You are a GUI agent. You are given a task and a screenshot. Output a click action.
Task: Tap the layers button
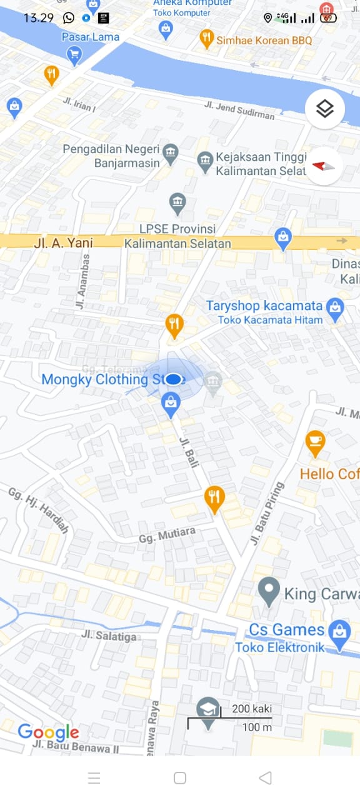coord(324,109)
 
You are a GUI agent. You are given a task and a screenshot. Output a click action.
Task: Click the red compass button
coord(324,166)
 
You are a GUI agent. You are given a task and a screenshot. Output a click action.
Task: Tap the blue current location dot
coord(174,379)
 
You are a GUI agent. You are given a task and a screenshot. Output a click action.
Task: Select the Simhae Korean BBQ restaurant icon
coord(207,39)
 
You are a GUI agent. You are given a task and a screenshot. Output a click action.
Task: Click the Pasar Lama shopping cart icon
coord(74,56)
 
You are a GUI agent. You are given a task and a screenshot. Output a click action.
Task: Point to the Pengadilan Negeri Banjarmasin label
coord(110,156)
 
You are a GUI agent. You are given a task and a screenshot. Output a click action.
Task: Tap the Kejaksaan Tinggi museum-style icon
coord(205,162)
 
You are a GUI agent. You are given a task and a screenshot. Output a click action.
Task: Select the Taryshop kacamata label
coord(264,306)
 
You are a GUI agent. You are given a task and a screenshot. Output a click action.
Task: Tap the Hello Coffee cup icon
coord(315,442)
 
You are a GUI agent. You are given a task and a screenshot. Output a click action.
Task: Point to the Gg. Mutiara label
coord(167,535)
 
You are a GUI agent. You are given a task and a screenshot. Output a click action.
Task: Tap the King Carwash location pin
coord(269,591)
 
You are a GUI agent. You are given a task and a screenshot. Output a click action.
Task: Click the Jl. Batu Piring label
coord(267,514)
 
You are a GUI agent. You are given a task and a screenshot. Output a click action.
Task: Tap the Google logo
coord(48,732)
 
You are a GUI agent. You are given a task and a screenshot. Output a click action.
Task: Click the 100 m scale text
coord(257,727)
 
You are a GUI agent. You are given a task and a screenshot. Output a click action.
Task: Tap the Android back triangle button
coord(265,777)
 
